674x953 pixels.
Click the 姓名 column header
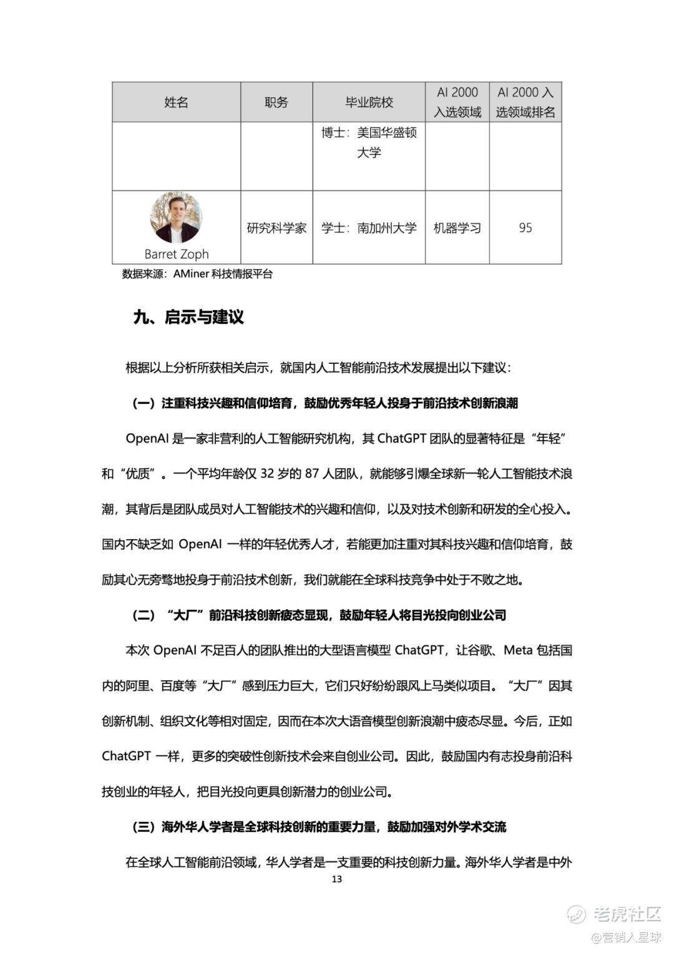pyautogui.click(x=176, y=102)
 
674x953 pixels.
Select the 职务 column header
pyautogui.click(x=276, y=102)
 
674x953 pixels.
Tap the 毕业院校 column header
pyautogui.click(x=369, y=102)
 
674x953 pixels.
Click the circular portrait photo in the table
pyautogui.click(x=176, y=217)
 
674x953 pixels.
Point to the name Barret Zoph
pyautogui.click(x=176, y=254)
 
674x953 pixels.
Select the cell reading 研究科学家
pyautogui.click(x=276, y=228)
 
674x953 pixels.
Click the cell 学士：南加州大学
pyautogui.click(x=369, y=228)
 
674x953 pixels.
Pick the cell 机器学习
pyautogui.click(x=457, y=228)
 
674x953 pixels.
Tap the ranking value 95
pyautogui.click(x=525, y=228)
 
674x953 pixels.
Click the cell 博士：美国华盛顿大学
pyautogui.click(x=369, y=142)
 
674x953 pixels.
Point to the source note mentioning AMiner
pyautogui.click(x=197, y=274)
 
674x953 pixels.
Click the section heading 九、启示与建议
pyautogui.click(x=188, y=317)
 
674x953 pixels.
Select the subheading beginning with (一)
pyautogui.click(x=325, y=403)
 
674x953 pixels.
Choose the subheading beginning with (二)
pyautogui.click(x=318, y=615)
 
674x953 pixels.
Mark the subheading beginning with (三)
pyautogui.click(x=318, y=828)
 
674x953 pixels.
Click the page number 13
pyautogui.click(x=336, y=879)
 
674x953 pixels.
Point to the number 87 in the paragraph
pyautogui.click(x=312, y=474)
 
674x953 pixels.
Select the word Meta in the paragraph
pyautogui.click(x=518, y=650)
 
